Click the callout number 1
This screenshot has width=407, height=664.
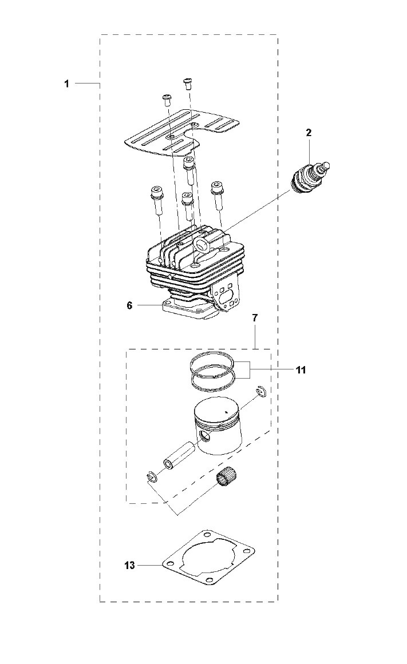click(66, 84)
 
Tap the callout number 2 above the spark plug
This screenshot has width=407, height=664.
click(309, 133)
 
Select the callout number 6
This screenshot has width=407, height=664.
click(130, 305)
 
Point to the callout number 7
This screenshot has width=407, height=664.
click(254, 317)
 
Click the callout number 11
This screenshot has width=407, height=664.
click(301, 370)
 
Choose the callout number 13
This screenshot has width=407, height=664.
click(130, 565)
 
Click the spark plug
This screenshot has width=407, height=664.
click(310, 178)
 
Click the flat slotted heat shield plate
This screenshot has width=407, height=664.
click(182, 133)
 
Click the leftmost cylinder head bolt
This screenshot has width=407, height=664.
click(156, 200)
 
